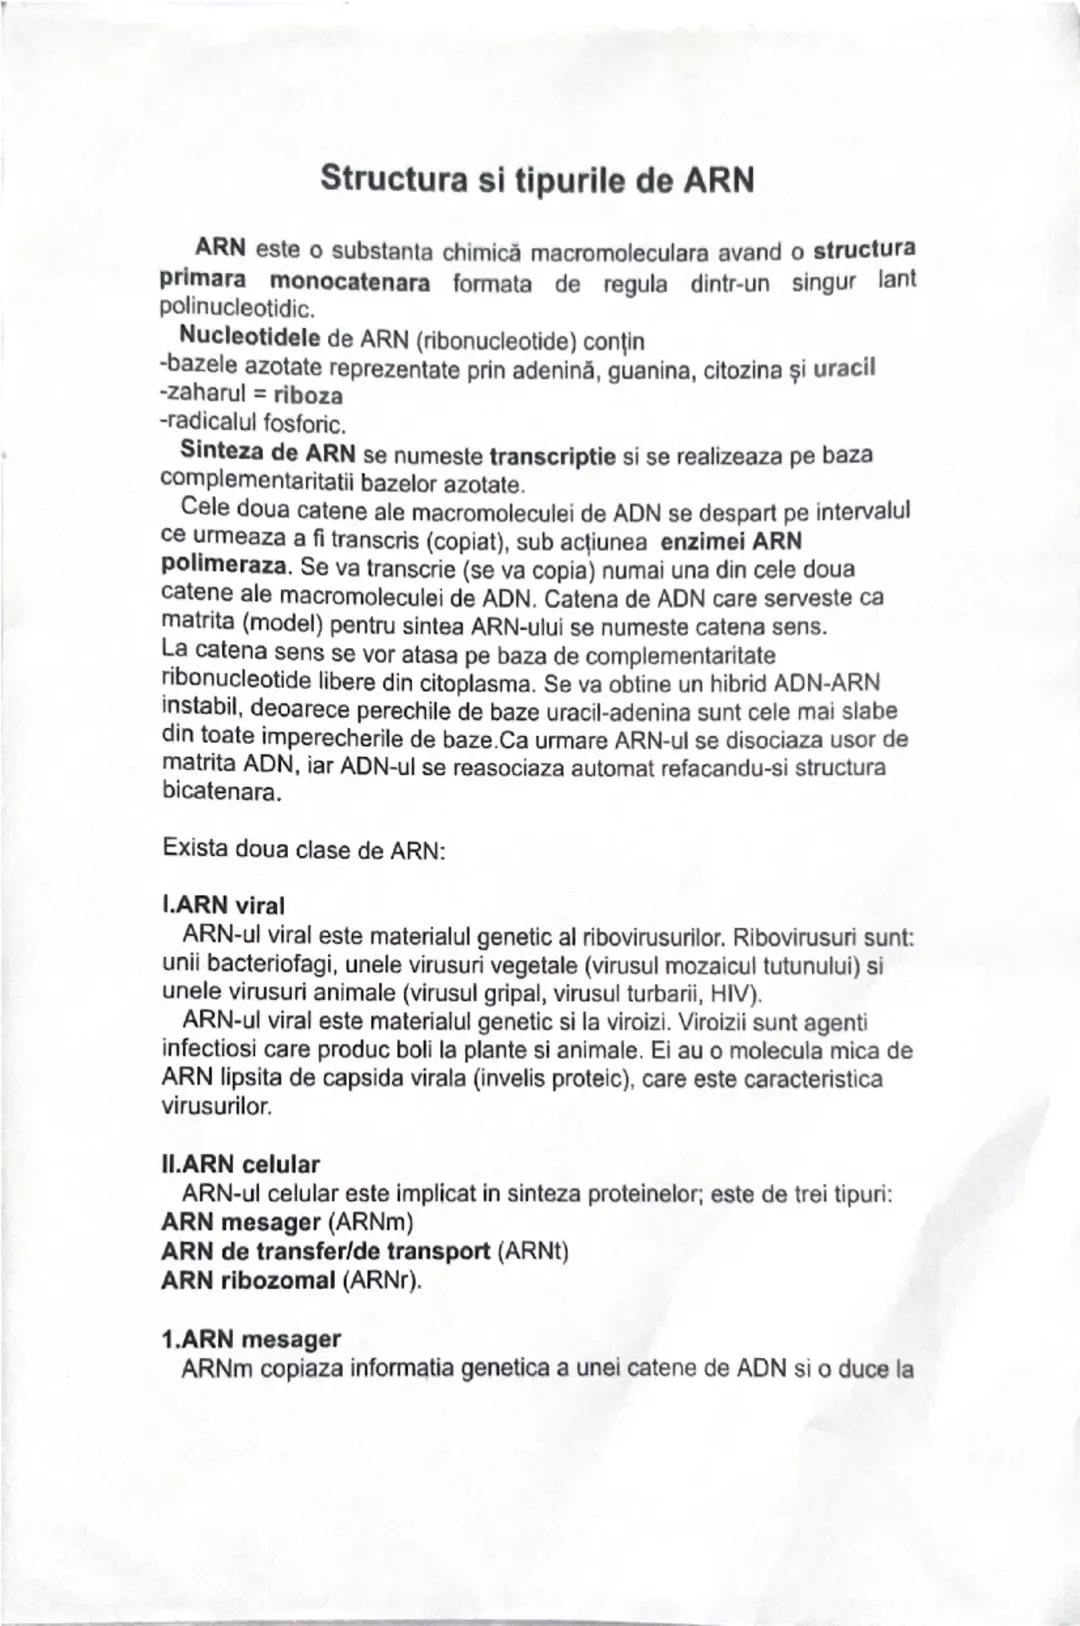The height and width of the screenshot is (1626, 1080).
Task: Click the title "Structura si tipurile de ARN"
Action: click(536, 181)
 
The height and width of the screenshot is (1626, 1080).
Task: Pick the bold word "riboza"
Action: click(309, 395)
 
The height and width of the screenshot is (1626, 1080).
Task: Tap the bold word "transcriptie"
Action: click(552, 457)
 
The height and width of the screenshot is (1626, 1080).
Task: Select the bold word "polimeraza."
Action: click(226, 565)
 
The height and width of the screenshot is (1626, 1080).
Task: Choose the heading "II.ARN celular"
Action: click(240, 1165)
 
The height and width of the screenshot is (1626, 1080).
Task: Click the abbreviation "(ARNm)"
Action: click(370, 1222)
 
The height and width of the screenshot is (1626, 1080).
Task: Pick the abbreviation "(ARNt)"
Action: click(532, 1251)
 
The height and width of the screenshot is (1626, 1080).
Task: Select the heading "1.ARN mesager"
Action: click(251, 1338)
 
